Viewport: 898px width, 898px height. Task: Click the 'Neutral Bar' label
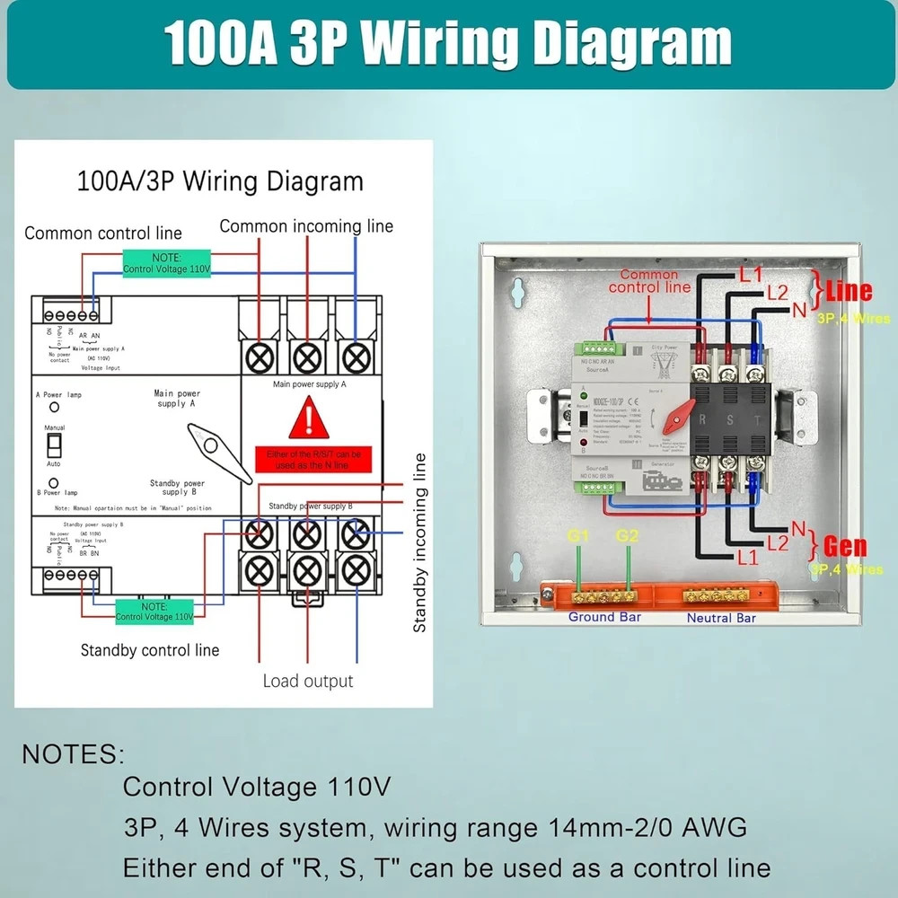click(x=721, y=618)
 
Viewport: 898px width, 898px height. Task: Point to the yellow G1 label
click(x=578, y=537)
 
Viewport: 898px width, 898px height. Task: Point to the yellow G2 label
click(x=628, y=537)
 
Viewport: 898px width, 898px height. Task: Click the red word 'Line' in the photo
click(x=848, y=291)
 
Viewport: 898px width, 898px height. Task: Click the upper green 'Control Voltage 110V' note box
click(x=166, y=263)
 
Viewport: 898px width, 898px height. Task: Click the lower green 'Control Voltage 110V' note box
click(x=154, y=612)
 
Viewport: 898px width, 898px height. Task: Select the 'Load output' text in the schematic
click(x=308, y=681)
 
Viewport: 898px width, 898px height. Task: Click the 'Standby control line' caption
click(x=150, y=649)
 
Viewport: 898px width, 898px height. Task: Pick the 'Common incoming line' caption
click(x=306, y=226)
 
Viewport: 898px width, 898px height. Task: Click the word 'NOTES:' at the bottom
click(x=74, y=753)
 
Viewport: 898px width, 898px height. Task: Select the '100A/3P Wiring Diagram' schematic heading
click(x=221, y=181)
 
